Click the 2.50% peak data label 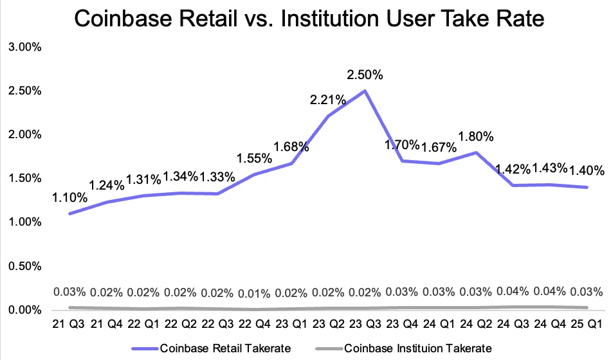pyautogui.click(x=365, y=75)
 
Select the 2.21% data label pyautogui.click(x=328, y=100)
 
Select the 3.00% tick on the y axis pyautogui.click(x=23, y=47)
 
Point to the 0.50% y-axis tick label pyautogui.click(x=23, y=266)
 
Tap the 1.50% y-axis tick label pyautogui.click(x=23, y=178)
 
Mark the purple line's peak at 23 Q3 pyautogui.click(x=365, y=91)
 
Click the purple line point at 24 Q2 pyautogui.click(x=475, y=152)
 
